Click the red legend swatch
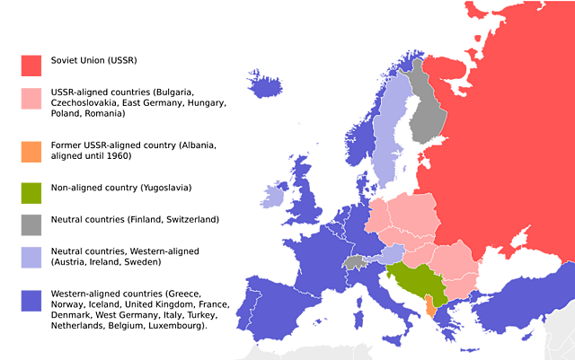(31, 66)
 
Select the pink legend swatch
(31, 98)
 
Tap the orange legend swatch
(31, 152)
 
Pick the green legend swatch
(31, 193)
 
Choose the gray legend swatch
(31, 224)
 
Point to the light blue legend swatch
(31, 257)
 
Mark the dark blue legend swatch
(31, 301)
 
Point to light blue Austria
(390, 255)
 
